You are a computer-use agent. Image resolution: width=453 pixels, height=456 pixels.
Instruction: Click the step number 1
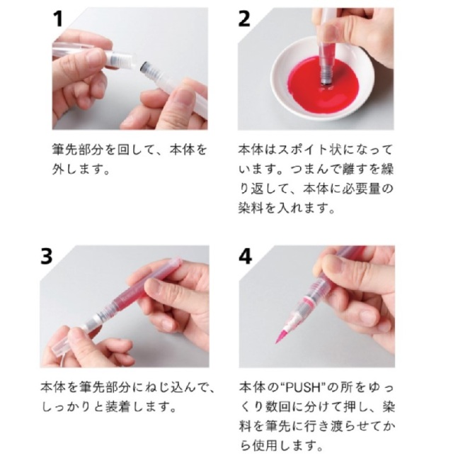58,19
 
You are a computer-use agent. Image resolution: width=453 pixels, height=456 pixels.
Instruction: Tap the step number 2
244,19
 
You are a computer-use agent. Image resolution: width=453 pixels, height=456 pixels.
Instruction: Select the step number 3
47,257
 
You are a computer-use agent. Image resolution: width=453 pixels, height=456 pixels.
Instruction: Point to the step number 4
245,257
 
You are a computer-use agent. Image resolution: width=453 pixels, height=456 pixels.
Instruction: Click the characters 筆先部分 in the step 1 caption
77,150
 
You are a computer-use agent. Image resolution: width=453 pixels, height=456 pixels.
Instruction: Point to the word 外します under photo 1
78,169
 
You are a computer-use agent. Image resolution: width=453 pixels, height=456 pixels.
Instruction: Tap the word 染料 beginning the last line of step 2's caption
251,208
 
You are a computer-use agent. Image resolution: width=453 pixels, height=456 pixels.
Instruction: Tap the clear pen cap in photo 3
62,345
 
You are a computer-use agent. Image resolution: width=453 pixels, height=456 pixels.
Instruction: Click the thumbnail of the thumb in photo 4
333,262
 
